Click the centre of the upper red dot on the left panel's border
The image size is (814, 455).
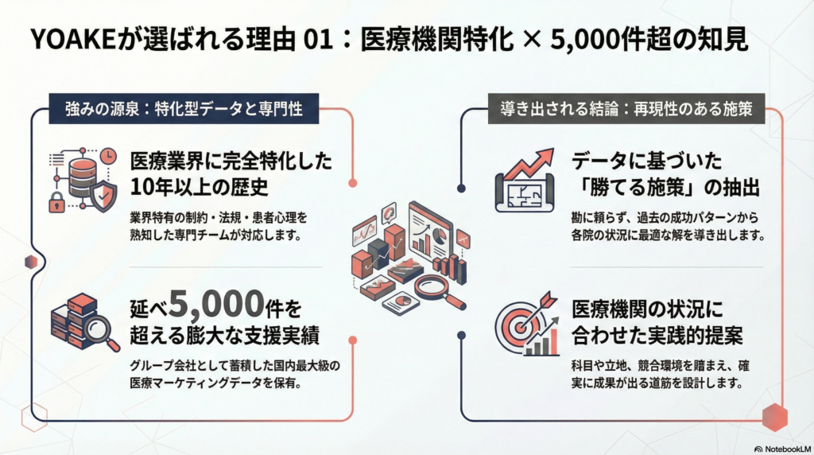[353, 183]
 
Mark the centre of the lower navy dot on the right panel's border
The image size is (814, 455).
[461, 336]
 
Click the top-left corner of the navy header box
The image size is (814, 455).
[49, 94]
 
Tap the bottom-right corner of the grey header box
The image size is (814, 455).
[765, 123]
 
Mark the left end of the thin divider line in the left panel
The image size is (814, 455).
[130, 267]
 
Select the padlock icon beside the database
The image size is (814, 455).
[56, 202]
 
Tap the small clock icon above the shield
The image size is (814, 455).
[108, 156]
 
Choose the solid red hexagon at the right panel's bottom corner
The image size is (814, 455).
[774, 417]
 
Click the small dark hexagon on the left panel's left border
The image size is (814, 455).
[31, 262]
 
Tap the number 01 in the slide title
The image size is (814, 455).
[318, 40]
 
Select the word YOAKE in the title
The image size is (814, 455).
[72, 40]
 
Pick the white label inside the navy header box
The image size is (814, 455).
[184, 109]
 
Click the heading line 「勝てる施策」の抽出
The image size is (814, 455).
[665, 187]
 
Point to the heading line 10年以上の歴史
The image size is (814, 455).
[199, 187]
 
